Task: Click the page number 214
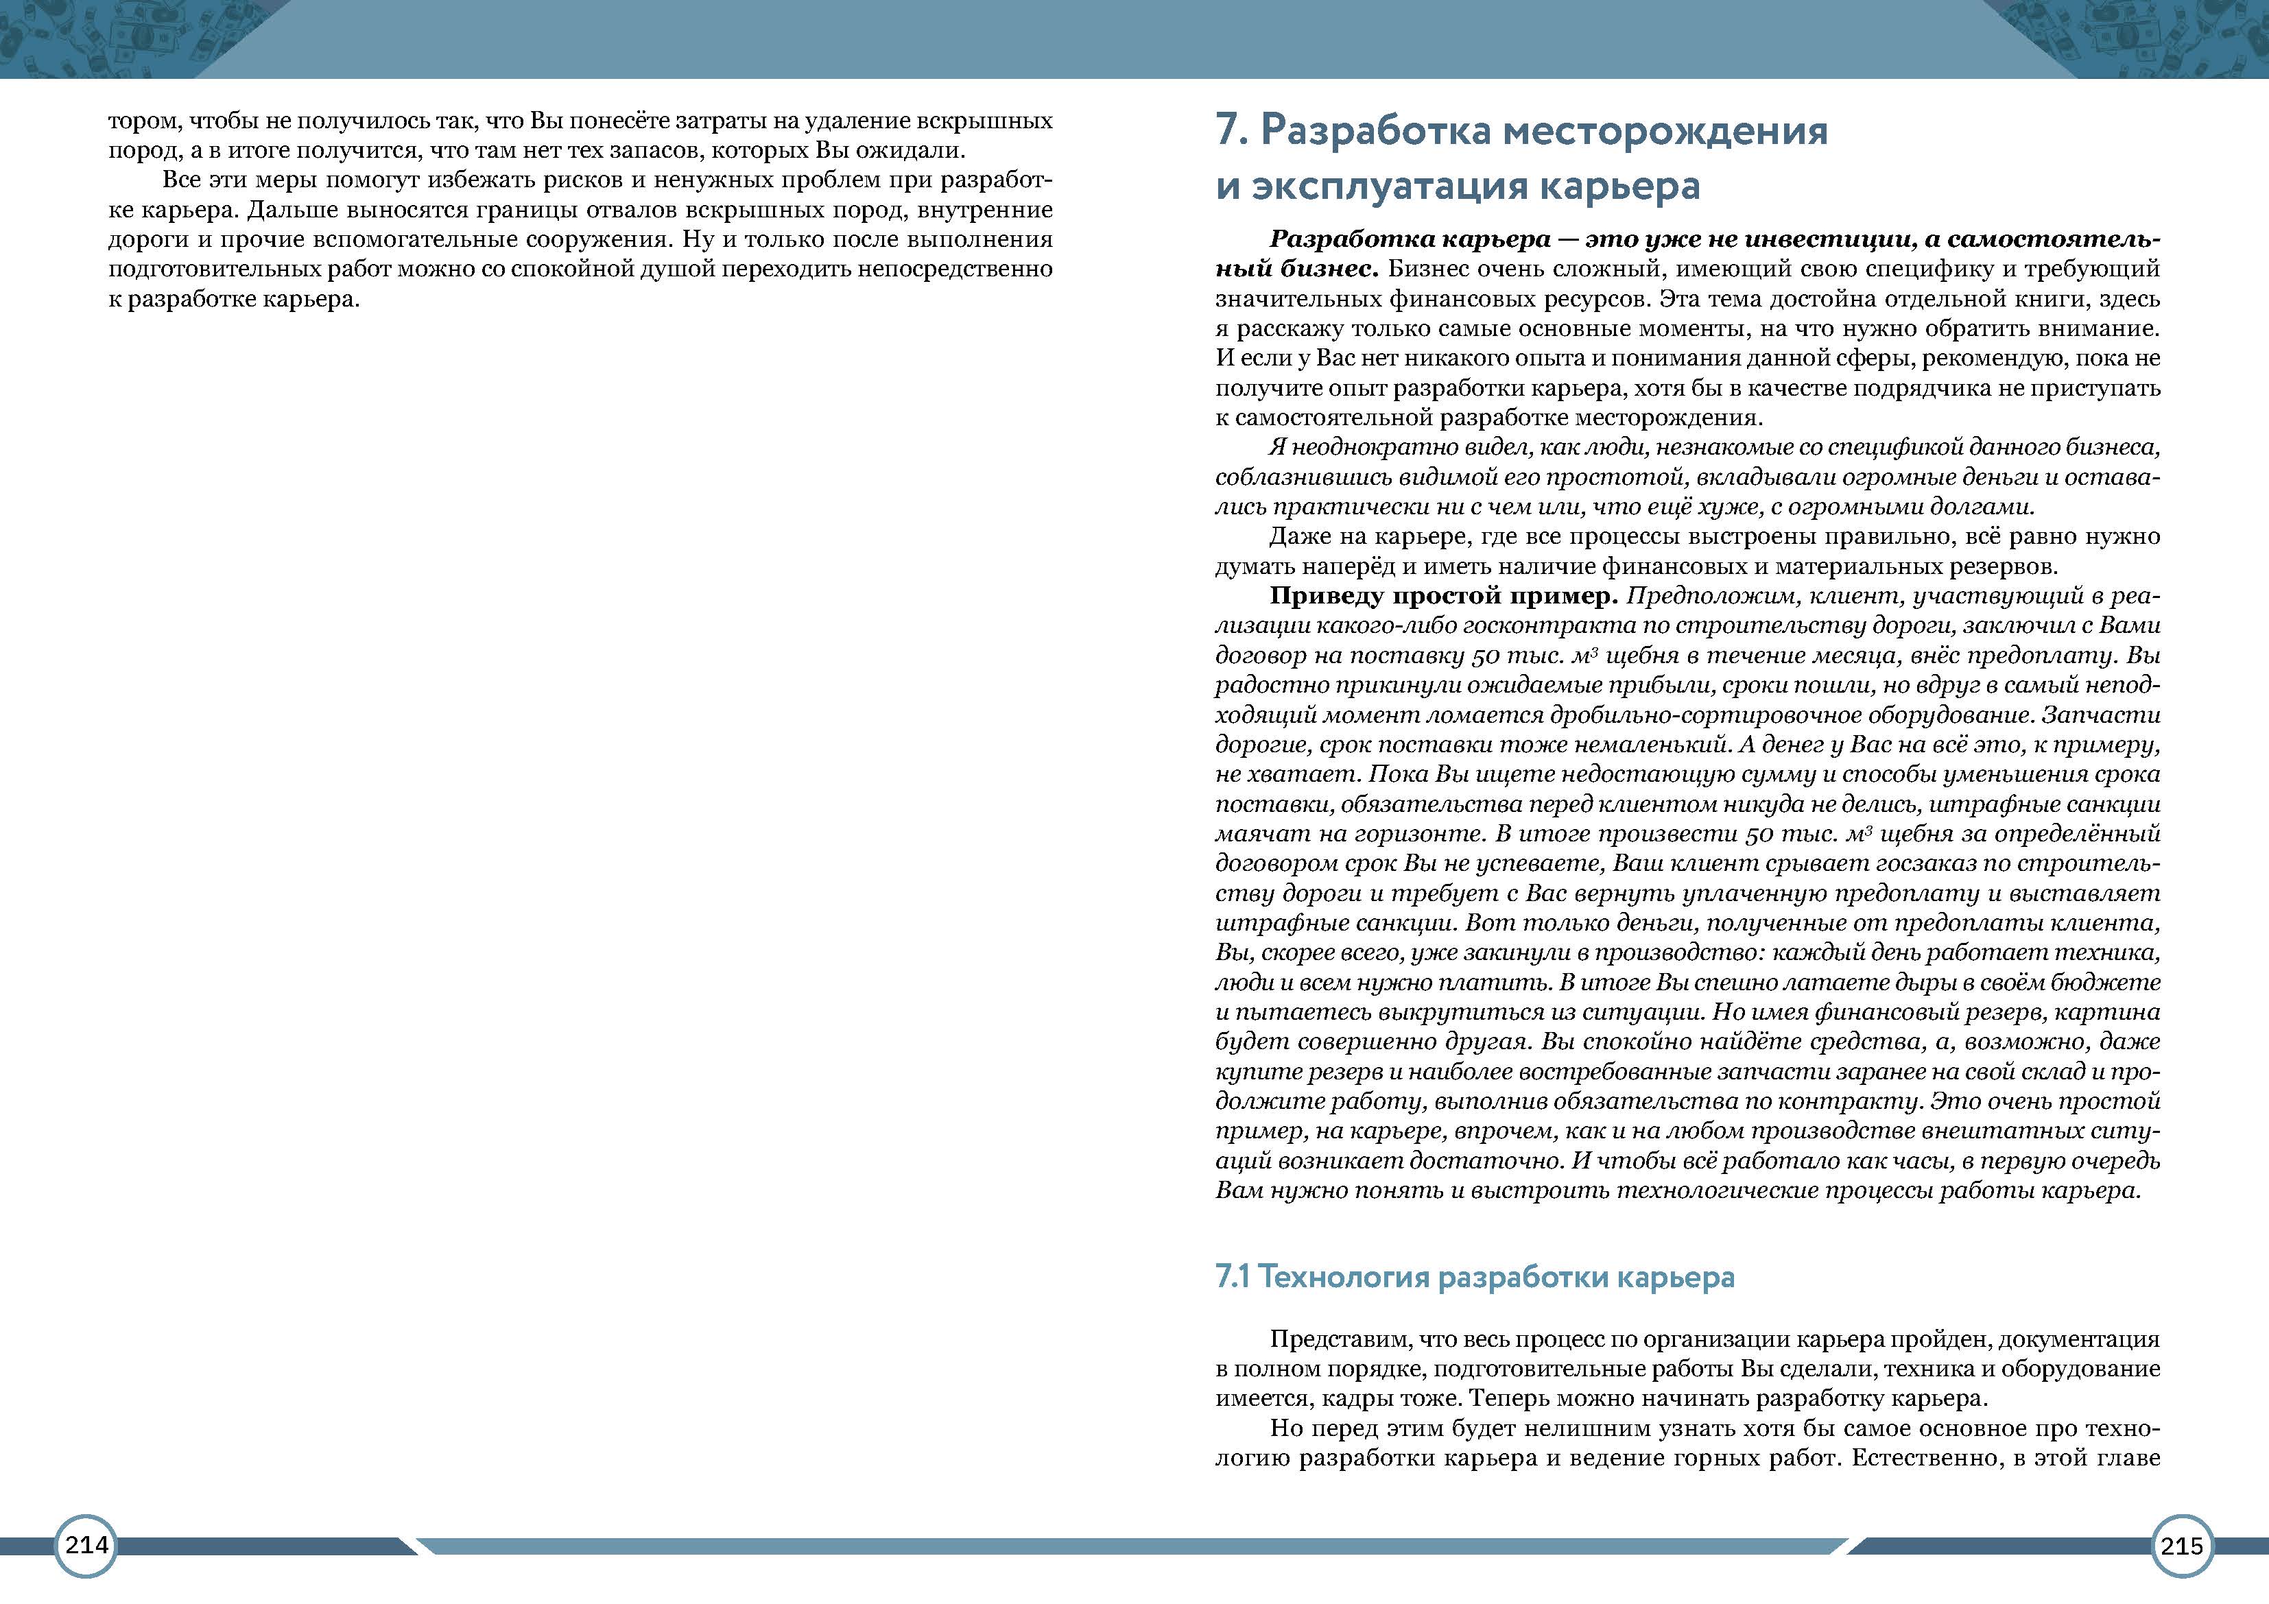(86, 1545)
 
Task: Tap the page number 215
(2181, 1546)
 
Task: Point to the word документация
(2083, 1339)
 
